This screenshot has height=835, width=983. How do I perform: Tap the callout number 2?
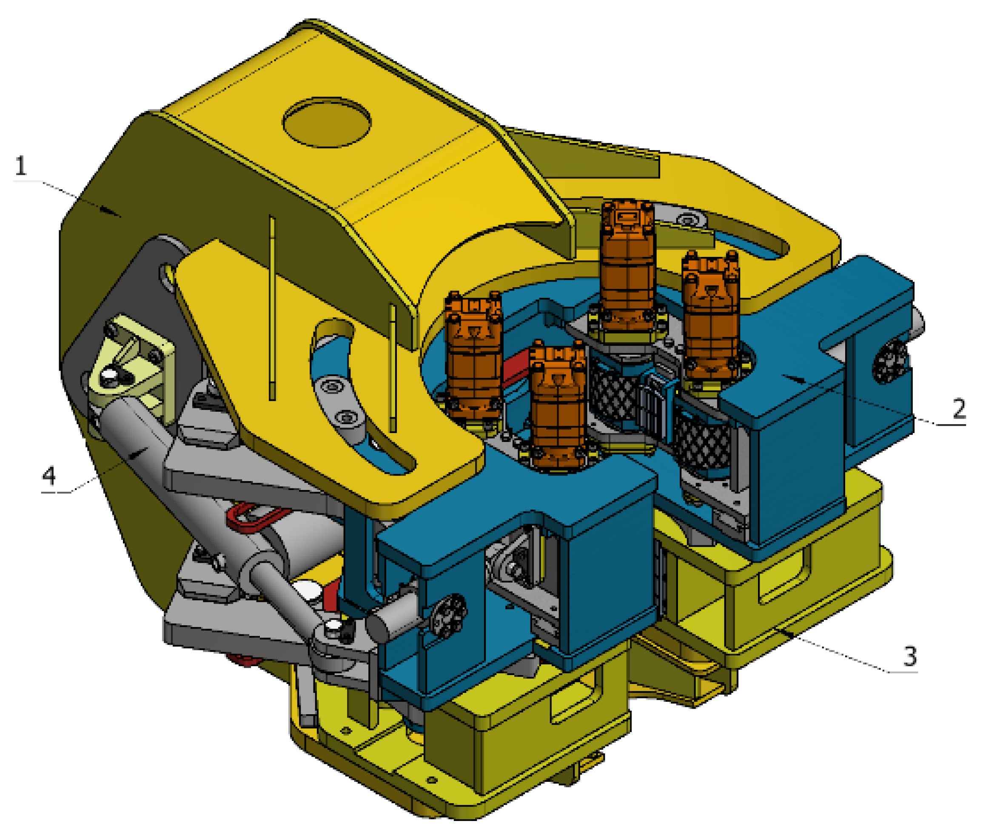pyautogui.click(x=959, y=408)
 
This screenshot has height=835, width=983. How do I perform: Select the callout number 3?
pyautogui.click(x=910, y=656)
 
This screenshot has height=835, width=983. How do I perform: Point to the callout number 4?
pyautogui.click(x=49, y=476)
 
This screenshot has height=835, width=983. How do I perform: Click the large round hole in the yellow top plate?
pyautogui.click(x=327, y=122)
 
